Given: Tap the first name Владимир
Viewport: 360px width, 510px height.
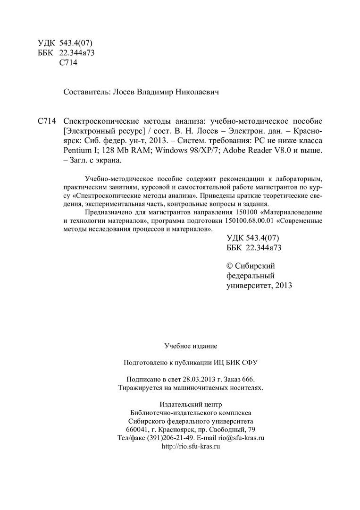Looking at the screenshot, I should tap(153, 93).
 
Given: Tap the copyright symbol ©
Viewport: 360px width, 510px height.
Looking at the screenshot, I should tap(230, 266).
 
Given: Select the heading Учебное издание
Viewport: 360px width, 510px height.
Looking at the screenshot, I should tap(191, 346).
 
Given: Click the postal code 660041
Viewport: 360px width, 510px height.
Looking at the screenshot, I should tap(137, 429).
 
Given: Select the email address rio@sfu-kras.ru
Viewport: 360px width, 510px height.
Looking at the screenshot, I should tap(241, 438).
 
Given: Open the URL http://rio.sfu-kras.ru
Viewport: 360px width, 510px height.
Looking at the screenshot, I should tap(191, 446).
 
